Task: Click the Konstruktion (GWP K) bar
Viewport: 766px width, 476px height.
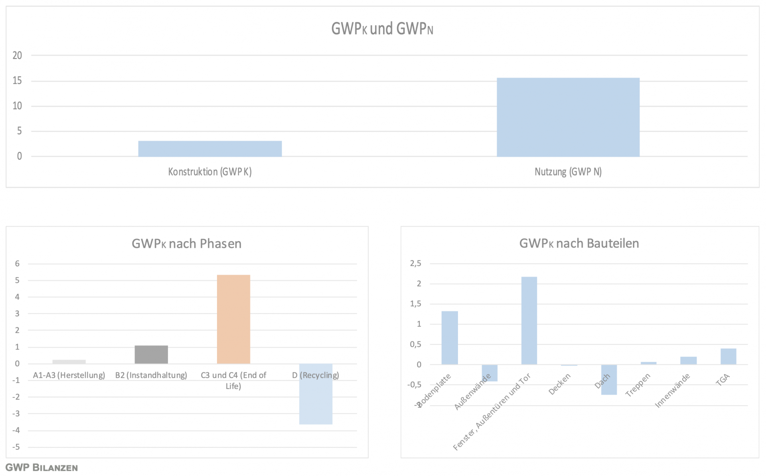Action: coord(210,148)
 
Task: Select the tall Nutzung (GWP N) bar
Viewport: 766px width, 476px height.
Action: coord(568,117)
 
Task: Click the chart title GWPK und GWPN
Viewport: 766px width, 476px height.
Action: coord(382,29)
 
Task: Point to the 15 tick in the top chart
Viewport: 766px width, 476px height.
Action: coord(17,81)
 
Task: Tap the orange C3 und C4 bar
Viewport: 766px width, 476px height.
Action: coord(233,319)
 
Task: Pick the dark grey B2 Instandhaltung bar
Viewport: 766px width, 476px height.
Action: coord(151,354)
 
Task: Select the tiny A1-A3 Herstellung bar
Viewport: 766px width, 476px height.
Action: coord(69,361)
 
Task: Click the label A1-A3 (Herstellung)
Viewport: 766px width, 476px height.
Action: coord(69,375)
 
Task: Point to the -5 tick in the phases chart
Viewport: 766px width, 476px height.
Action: coord(16,447)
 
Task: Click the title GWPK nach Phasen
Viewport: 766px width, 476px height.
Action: coord(186,243)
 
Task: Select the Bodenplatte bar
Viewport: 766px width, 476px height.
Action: coord(450,338)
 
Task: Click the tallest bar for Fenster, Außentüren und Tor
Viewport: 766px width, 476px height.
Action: coord(529,320)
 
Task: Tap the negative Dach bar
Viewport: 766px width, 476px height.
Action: coord(609,379)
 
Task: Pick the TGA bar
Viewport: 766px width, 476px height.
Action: coord(728,356)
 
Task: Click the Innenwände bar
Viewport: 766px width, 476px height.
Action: coord(688,360)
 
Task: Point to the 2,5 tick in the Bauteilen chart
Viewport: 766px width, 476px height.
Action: coord(415,263)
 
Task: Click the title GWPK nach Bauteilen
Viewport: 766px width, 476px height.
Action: coord(579,243)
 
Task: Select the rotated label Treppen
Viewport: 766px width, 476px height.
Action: coord(638,385)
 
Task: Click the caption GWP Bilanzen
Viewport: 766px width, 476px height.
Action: coord(41,468)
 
